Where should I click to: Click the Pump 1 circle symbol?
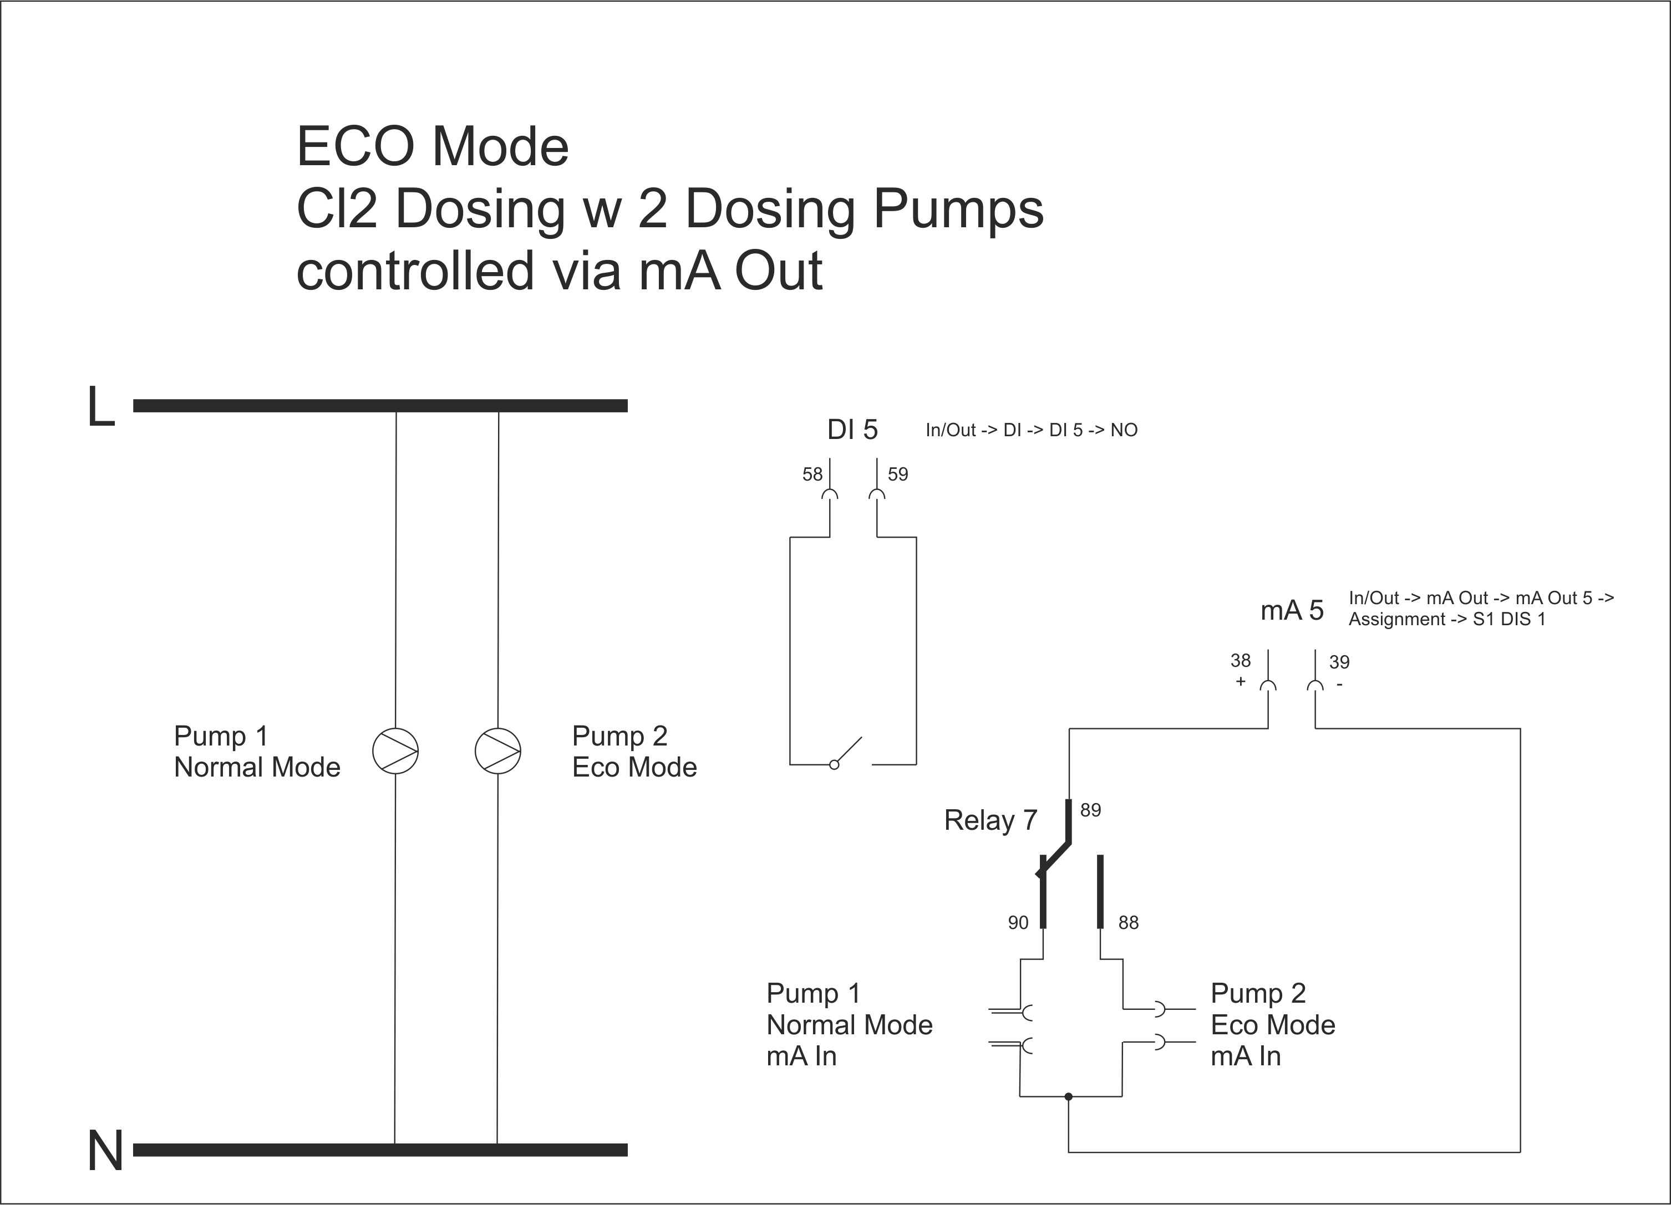click(395, 751)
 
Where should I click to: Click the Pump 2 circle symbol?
click(497, 751)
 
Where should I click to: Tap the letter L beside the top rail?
click(101, 407)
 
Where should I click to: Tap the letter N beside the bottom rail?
click(105, 1151)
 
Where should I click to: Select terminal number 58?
click(812, 474)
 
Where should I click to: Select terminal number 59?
click(897, 474)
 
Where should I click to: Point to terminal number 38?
click(1240, 661)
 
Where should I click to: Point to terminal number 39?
click(1339, 662)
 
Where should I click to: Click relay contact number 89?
click(1090, 810)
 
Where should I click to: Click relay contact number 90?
click(1018, 923)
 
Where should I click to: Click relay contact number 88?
click(1128, 923)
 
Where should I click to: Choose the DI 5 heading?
click(852, 430)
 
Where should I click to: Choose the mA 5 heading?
click(1292, 611)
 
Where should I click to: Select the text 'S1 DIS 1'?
click(1509, 620)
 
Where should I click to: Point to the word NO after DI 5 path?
click(1124, 430)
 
